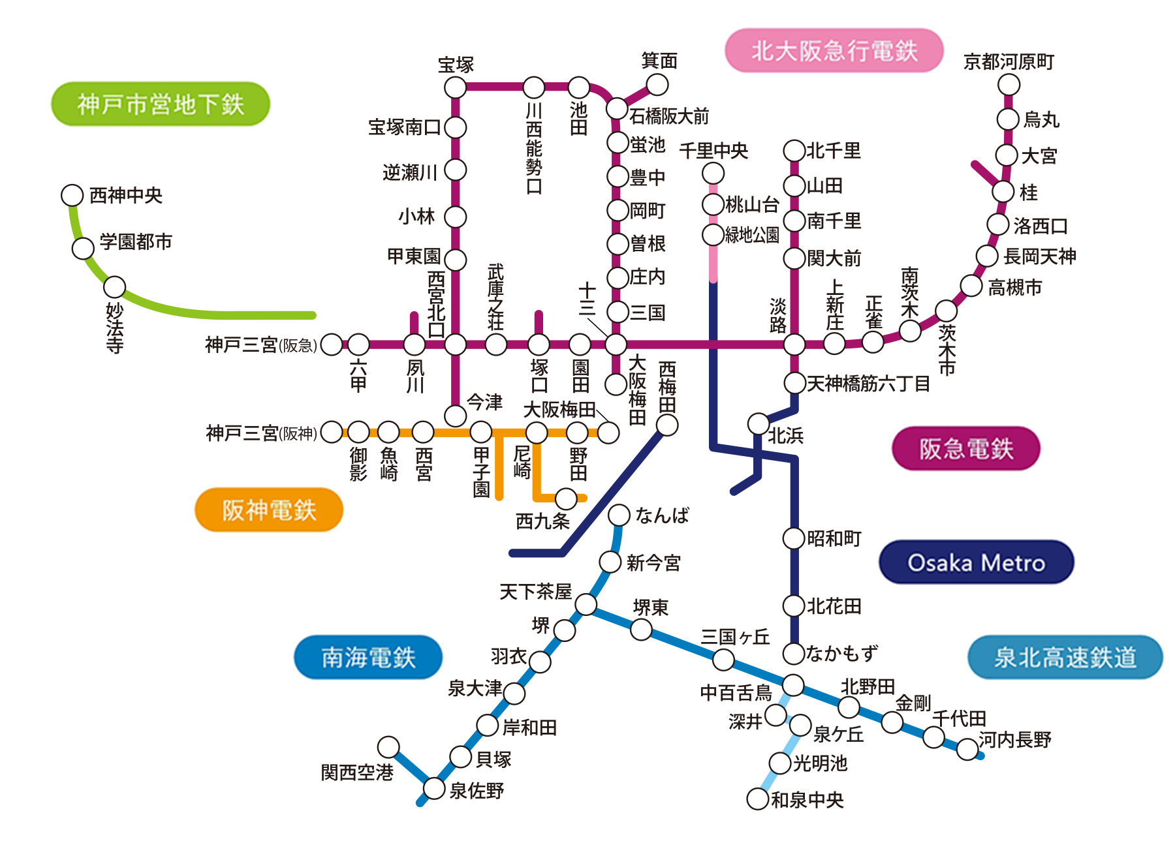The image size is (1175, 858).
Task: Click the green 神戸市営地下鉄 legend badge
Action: coord(161,104)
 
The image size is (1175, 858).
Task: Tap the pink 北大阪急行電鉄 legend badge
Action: coord(834,50)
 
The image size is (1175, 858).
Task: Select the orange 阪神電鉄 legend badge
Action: coord(269,510)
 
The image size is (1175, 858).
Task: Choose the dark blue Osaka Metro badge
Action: coord(976,562)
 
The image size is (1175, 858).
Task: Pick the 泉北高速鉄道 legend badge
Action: coord(1065,657)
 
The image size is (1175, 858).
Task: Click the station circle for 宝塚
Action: coord(455,87)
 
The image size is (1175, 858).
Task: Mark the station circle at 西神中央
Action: coord(72,194)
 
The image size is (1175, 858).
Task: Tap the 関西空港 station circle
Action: coord(388,747)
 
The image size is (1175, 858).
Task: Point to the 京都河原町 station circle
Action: coord(1009,84)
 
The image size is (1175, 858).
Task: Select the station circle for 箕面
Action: coord(657,84)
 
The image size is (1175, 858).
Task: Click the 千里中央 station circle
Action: coord(713,173)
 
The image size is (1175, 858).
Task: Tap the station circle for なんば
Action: coord(619,515)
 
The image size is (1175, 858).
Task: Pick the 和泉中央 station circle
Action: coord(757,799)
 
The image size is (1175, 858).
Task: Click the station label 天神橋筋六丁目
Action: coord(868,384)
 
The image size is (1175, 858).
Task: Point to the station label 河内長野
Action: coord(1015,740)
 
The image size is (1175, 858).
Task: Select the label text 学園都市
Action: coord(136,242)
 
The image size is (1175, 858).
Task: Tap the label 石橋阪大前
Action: coord(669,116)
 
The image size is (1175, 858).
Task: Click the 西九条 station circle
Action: coord(566,498)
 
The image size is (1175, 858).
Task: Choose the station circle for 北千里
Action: coord(794,151)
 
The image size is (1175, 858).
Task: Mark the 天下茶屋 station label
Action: coord(535,592)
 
